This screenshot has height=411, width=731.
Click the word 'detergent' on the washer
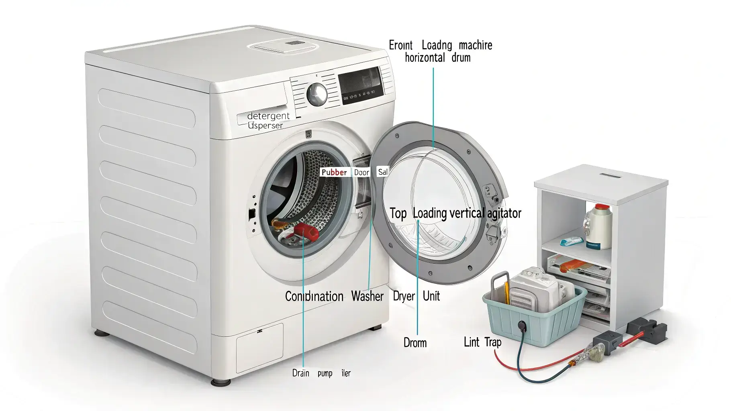[268, 116]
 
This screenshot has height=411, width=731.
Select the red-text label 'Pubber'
[334, 172]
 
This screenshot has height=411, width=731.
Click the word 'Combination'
[314, 297]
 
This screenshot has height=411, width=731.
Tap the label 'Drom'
[415, 343]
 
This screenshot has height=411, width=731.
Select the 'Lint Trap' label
[482, 342]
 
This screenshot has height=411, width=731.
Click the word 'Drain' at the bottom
[301, 373]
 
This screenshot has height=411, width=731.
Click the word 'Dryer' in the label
[404, 296]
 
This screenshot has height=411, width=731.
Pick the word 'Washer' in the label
[367, 296]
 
